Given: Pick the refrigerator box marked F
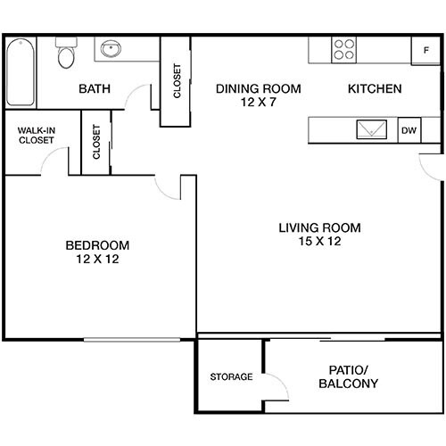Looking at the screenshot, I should [x=425, y=51].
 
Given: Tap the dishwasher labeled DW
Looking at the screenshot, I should [x=409, y=130].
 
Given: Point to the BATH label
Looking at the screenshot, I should [x=94, y=89].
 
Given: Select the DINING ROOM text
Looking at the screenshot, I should [x=258, y=89].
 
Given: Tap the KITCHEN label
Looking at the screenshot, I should [x=374, y=89].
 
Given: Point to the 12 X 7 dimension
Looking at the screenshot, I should [x=258, y=103].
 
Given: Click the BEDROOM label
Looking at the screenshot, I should [x=98, y=245].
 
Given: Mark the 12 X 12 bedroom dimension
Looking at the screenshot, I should [x=98, y=260].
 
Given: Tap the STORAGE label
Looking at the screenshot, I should [x=231, y=376].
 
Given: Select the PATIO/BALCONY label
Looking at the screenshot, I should [x=348, y=376].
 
